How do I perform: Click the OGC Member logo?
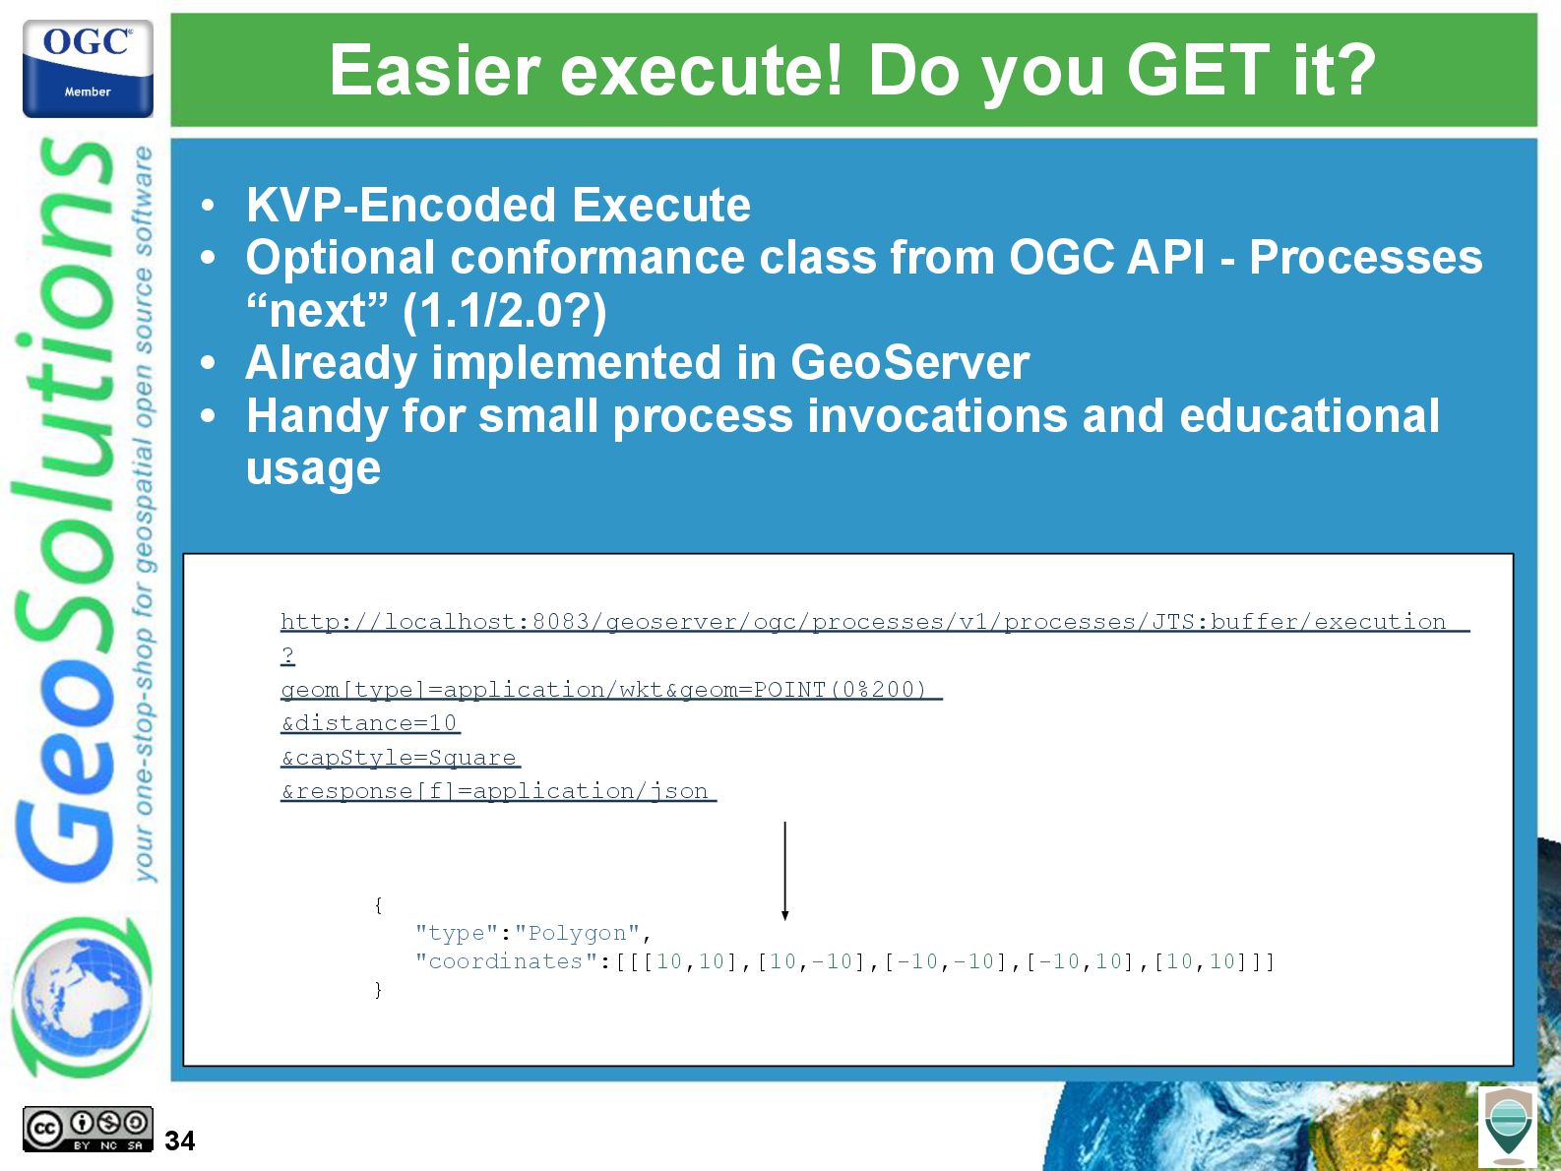88,68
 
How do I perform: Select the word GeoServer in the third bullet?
909,362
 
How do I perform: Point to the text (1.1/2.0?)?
504,311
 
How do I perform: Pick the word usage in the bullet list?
313,469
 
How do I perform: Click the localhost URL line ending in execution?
875,622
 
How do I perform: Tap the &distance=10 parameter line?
370,723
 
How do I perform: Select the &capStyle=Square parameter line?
401,757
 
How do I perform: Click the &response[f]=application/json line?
498,790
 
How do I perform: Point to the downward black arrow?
784,871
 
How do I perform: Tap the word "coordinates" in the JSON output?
506,961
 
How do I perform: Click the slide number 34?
179,1140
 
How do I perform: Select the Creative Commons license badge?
88,1129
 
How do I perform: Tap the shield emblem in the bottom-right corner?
1508,1126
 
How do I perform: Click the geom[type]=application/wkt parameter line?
611,690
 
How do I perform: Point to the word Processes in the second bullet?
1365,257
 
